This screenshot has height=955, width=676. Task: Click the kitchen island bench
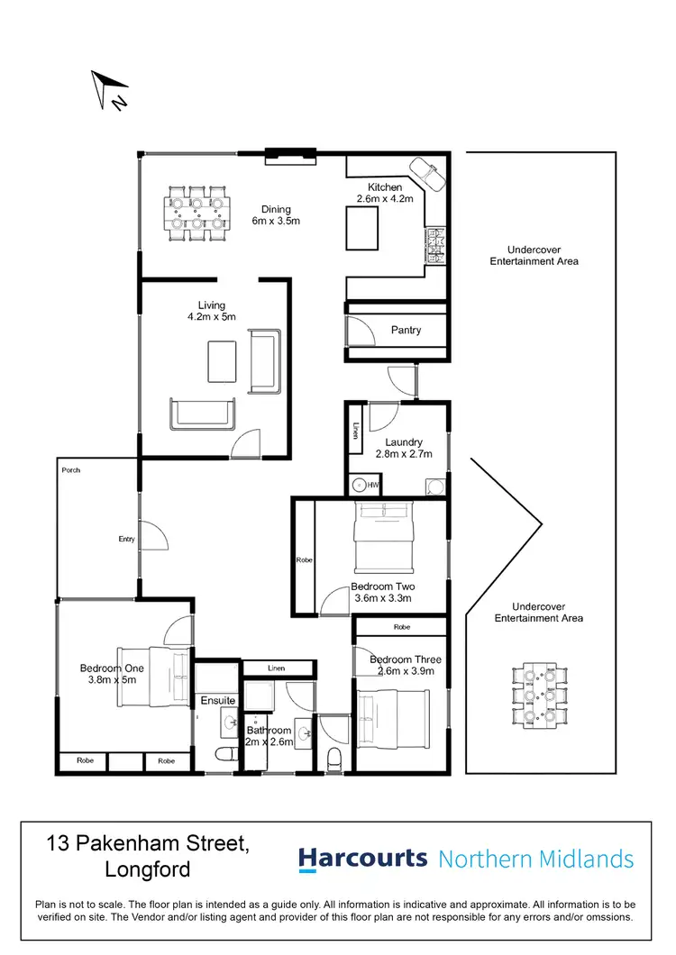[363, 227]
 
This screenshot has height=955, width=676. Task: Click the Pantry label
[406, 330]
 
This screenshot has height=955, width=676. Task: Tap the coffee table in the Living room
[223, 362]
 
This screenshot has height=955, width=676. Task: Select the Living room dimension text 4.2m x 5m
[210, 317]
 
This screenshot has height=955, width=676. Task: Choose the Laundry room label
[403, 442]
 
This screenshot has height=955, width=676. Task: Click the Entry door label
[126, 539]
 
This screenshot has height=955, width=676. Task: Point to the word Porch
[70, 470]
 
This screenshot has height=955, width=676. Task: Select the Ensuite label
[218, 700]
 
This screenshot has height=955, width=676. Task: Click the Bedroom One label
[112, 668]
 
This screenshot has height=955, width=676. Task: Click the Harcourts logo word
[362, 858]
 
